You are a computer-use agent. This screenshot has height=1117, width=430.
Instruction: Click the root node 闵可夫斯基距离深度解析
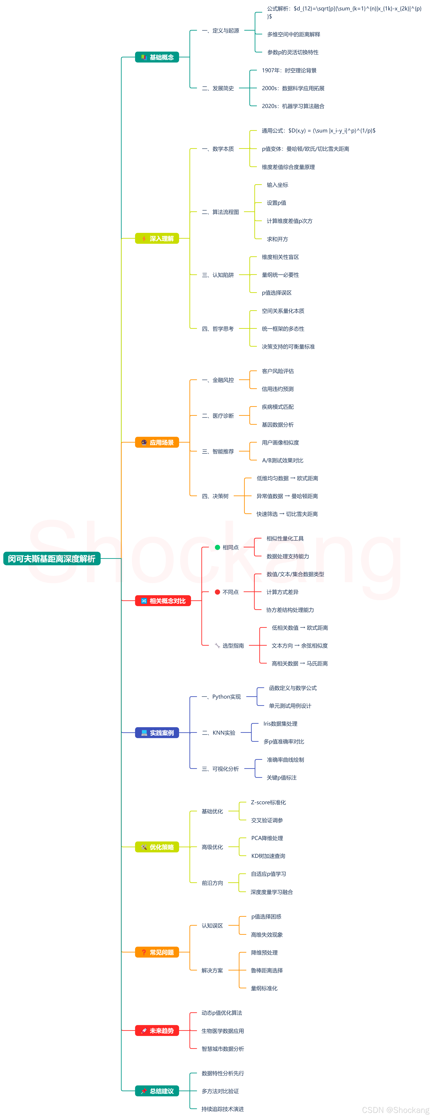(52, 558)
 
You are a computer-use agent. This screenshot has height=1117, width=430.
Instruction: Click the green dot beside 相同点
(217, 547)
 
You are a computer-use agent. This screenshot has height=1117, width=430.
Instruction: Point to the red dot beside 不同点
(217, 592)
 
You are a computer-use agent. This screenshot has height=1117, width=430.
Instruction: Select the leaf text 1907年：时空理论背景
(289, 70)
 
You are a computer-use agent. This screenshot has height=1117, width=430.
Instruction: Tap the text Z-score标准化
(268, 802)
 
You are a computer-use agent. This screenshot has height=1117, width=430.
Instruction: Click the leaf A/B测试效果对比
(283, 460)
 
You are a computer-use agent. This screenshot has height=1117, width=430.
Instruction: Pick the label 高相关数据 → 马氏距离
(299, 663)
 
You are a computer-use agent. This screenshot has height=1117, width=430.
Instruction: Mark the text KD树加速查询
(268, 856)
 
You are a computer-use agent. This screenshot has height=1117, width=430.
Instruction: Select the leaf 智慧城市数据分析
(223, 1049)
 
